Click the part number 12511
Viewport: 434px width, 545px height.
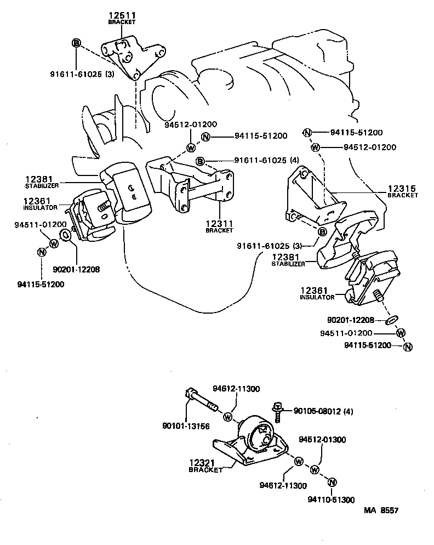[121, 16]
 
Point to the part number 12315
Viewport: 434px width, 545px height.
[402, 188]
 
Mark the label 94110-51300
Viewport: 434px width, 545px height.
[331, 500]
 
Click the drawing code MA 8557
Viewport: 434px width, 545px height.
[381, 510]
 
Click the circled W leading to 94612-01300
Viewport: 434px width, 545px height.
[315, 470]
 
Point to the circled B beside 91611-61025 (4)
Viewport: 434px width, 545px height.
[201, 161]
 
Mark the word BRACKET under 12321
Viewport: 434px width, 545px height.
[205, 470]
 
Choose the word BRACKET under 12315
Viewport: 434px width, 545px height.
[402, 195]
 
